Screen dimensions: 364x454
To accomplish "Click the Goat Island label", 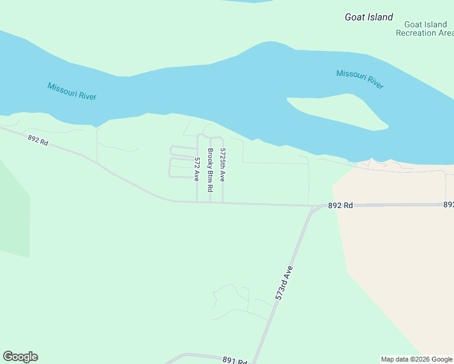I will point(368,17).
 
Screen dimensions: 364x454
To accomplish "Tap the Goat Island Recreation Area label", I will point(424,29).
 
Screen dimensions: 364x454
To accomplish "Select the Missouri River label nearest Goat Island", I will point(360,79).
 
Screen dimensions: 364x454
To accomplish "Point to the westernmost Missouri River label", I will point(72,91).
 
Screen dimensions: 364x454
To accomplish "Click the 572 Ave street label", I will point(197,169).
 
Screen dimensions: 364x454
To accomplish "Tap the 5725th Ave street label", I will point(223,165).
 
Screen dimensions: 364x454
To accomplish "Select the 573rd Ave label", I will point(283,283).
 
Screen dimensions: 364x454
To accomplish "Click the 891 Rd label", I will point(234,361).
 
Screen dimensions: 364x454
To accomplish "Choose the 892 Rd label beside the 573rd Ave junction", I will point(340,206).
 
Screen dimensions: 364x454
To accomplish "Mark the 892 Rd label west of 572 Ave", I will point(38,140).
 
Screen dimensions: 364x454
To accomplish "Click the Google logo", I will point(20,357).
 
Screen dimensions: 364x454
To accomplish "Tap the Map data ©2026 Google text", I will point(417,359).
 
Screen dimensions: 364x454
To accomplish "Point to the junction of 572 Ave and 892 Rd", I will point(197,202).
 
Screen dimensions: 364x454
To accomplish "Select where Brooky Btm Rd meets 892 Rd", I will point(210,203).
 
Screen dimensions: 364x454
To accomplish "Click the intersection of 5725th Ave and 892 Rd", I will point(223,203).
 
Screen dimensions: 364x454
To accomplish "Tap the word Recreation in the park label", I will point(416,33).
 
